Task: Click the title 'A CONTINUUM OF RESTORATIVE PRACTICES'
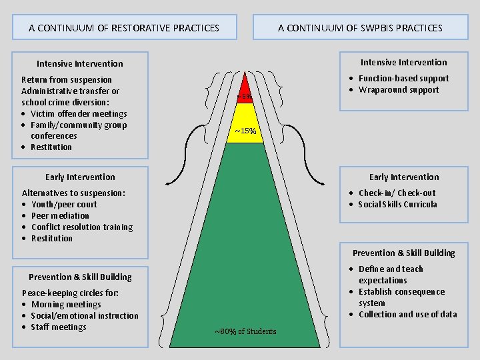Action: click(x=124, y=28)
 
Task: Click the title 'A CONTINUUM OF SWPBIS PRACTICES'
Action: click(x=360, y=28)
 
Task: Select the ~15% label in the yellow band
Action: click(x=245, y=131)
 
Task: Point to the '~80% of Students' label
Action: click(x=245, y=331)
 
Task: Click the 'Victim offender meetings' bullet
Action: click(x=79, y=113)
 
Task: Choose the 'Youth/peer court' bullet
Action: click(x=64, y=204)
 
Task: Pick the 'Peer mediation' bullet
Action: click(x=60, y=215)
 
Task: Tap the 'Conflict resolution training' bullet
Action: click(x=82, y=227)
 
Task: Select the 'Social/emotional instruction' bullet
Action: click(x=85, y=315)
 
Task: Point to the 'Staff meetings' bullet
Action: click(x=59, y=327)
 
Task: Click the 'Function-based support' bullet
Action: click(x=403, y=78)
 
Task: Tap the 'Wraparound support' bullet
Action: click(x=399, y=89)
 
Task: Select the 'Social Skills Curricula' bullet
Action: click(x=397, y=204)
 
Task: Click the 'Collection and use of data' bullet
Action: click(x=407, y=314)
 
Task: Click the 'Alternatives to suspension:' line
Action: click(x=73, y=193)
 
